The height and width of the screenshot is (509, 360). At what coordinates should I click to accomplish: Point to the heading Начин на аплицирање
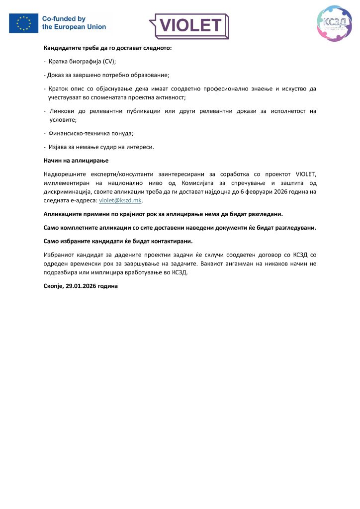[76, 161]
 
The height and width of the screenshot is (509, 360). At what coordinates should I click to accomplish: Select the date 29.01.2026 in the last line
[83, 286]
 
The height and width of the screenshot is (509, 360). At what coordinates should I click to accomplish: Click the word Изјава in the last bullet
[58, 147]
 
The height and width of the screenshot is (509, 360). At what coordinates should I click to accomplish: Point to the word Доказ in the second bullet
[57, 75]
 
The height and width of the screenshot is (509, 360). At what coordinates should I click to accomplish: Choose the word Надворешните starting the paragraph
[66, 174]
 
